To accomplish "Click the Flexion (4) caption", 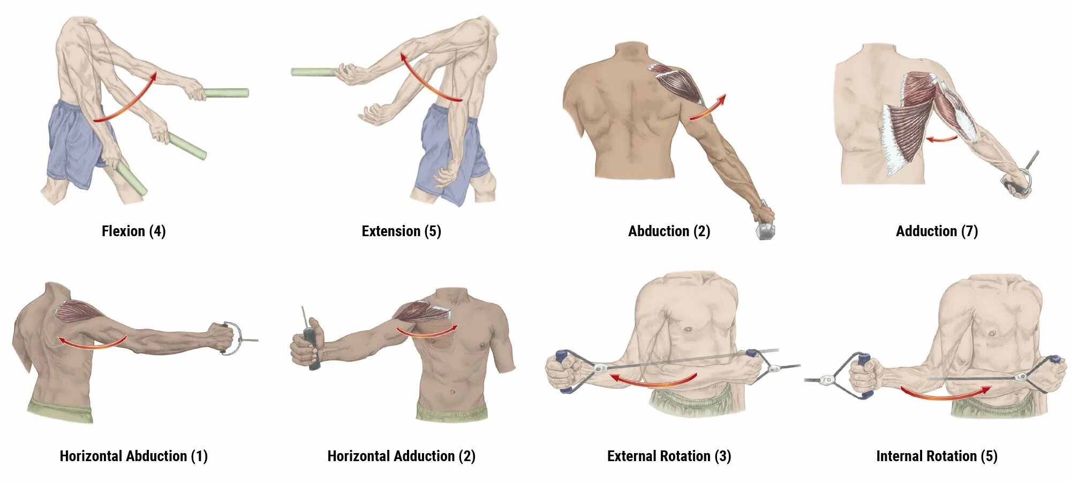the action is tap(133, 231).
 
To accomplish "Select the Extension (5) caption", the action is tap(401, 231).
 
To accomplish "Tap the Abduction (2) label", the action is tap(669, 231).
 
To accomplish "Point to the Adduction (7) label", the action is tap(937, 231).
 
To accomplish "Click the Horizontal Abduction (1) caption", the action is tap(133, 456).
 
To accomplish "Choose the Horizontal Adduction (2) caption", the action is tap(401, 456).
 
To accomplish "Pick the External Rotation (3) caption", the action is tap(669, 456).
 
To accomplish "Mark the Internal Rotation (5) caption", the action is tap(937, 456).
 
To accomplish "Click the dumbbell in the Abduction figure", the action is tap(765, 230).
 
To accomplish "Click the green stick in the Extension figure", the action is tap(313, 72).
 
